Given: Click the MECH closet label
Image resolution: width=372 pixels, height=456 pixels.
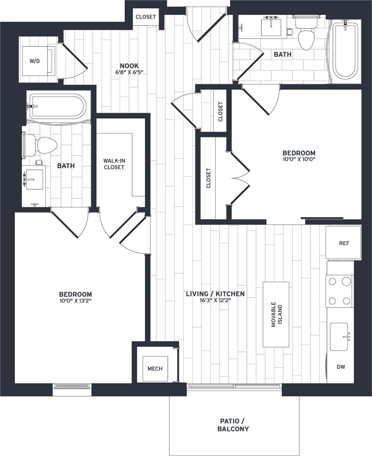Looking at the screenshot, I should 155,369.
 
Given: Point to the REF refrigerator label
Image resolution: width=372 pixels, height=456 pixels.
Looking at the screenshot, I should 344,243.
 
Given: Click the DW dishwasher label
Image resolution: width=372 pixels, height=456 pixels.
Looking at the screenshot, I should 341,367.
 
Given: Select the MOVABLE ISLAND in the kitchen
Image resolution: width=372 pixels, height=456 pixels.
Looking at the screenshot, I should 276,315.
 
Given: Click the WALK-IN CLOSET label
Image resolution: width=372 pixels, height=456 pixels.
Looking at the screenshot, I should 114,164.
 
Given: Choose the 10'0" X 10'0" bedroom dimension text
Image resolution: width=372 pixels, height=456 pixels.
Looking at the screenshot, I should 299,159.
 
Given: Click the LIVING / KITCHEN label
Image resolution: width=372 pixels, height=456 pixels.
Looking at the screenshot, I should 215,294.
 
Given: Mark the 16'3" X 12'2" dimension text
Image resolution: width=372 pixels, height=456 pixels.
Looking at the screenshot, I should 215,301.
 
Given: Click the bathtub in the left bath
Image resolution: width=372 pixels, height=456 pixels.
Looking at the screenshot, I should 58,107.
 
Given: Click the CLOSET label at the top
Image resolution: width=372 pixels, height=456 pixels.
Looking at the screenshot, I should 146,17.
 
